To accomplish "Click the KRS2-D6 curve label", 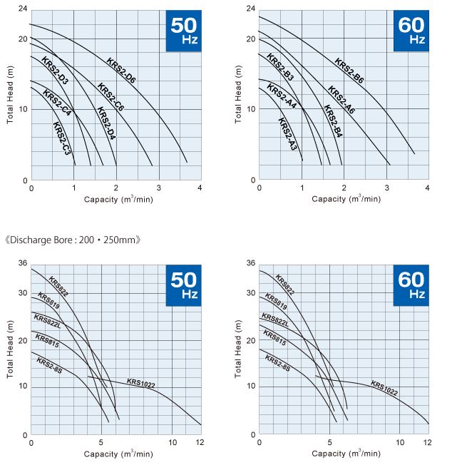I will (121, 70).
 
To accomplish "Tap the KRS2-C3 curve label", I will (61, 139).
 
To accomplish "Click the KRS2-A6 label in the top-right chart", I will (342, 100).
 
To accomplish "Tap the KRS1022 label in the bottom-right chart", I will (384, 388).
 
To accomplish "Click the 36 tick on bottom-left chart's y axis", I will (22, 263).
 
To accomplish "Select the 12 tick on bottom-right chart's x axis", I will (427, 442).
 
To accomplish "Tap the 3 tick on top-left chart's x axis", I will (158, 188).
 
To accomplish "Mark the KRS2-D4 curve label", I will (106, 123).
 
